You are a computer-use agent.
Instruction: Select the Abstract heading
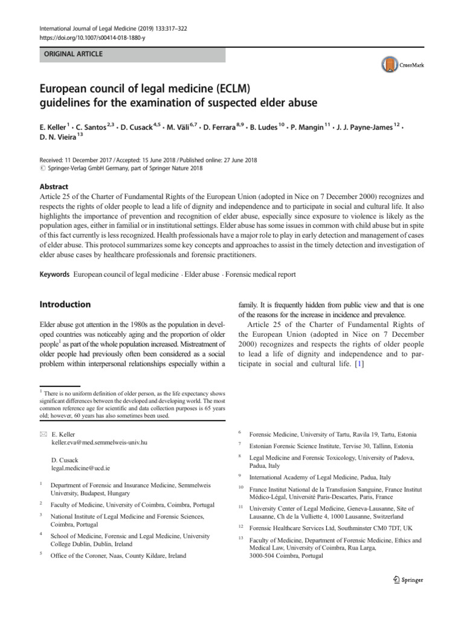click(x=54, y=187)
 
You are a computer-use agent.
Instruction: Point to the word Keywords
click(x=54, y=274)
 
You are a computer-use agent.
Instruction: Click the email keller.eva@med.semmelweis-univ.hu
click(x=99, y=442)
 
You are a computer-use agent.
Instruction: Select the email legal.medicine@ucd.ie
click(x=81, y=468)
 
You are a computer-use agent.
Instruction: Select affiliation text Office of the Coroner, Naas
click(x=118, y=555)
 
